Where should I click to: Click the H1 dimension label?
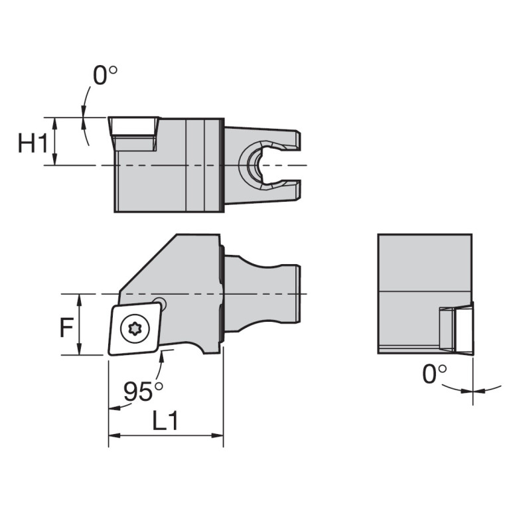click(x=33, y=142)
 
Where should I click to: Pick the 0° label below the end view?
click(x=435, y=374)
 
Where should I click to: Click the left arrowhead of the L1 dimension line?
click(x=113, y=436)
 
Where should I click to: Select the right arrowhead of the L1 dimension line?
click(x=219, y=436)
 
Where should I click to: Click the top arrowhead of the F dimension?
click(x=80, y=298)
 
